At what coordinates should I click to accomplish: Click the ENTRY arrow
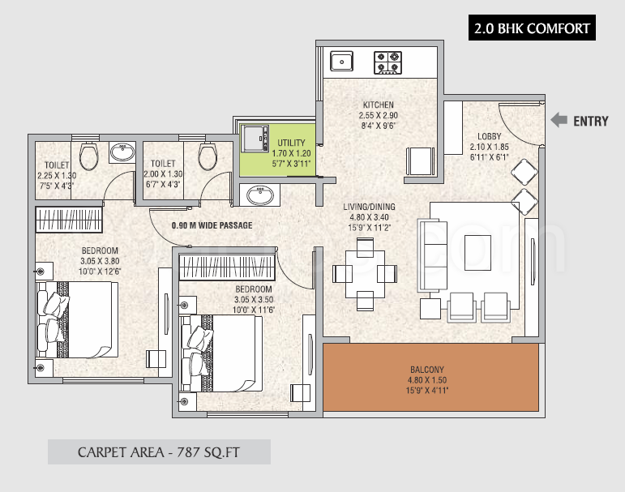click(x=559, y=121)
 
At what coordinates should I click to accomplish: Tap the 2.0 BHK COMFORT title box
click(x=533, y=29)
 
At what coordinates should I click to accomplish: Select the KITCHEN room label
click(x=378, y=105)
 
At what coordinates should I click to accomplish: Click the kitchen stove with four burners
click(x=387, y=62)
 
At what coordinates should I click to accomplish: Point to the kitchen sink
click(x=341, y=61)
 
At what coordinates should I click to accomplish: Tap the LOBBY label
click(x=489, y=136)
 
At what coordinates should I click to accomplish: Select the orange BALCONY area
click(x=430, y=376)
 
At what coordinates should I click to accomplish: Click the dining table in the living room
click(x=365, y=273)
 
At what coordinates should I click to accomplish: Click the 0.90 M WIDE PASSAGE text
click(x=212, y=225)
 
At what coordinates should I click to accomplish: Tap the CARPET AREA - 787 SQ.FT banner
click(x=159, y=451)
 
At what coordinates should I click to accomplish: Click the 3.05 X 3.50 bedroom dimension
click(x=254, y=299)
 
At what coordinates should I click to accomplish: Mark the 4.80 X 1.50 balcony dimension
click(x=429, y=380)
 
